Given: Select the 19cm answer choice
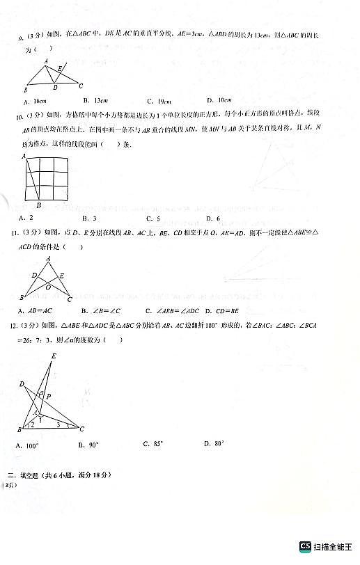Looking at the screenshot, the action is (154, 101).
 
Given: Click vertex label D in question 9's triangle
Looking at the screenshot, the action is (54, 88).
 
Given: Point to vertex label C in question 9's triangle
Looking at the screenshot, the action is (81, 86).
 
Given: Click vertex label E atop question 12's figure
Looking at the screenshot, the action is (54, 356).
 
